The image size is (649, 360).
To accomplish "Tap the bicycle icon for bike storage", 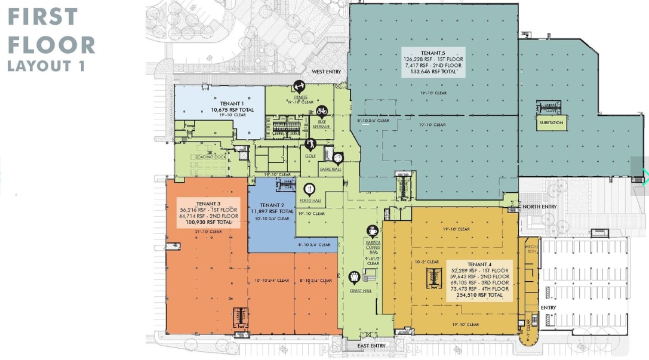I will [321, 110].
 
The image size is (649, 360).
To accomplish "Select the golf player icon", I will [310, 144].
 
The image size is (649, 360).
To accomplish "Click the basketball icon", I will [337, 159].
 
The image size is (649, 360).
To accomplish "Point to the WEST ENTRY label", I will [326, 72].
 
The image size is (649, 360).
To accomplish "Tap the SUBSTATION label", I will [550, 123].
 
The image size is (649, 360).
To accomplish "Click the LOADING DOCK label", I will [211, 157].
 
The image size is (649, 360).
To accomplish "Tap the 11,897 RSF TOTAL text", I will [272, 211].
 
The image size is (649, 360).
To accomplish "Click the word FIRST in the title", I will [42, 17].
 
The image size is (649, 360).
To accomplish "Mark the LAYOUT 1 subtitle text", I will [46, 66].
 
